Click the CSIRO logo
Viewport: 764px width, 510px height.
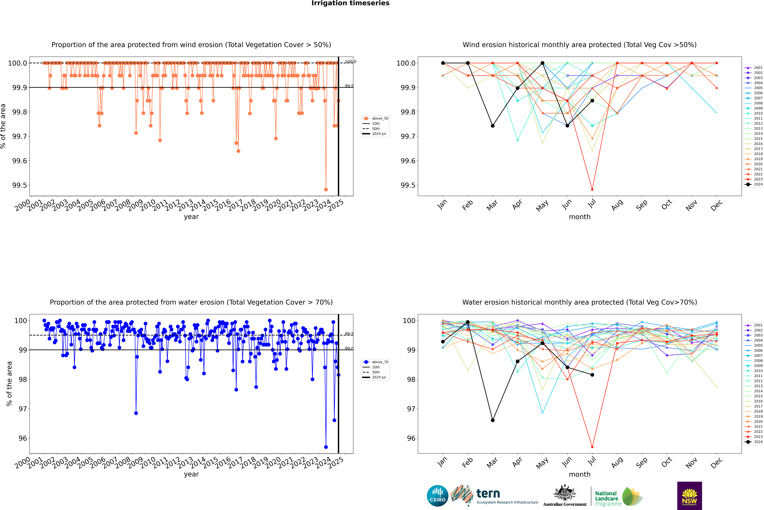pyautogui.click(x=437, y=496)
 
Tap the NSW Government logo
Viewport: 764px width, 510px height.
pyautogui.click(x=689, y=496)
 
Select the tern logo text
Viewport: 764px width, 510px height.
pyautogui.click(x=488, y=493)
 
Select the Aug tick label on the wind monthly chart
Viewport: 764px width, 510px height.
pyautogui.click(x=617, y=205)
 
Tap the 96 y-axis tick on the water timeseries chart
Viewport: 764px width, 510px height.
pyautogui.click(x=23, y=438)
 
